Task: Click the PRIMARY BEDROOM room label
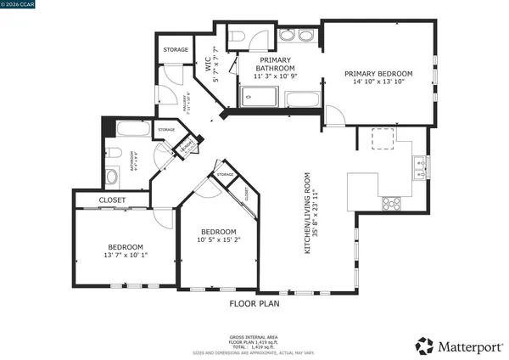point(378,74)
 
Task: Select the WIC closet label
point(207,62)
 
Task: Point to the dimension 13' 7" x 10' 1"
point(125,254)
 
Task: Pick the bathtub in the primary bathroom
point(302,99)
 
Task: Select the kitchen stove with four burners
point(392,203)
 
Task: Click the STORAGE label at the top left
point(176,50)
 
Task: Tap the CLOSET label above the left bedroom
point(112,200)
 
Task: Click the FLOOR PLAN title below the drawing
point(255,302)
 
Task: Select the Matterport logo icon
point(424,346)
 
